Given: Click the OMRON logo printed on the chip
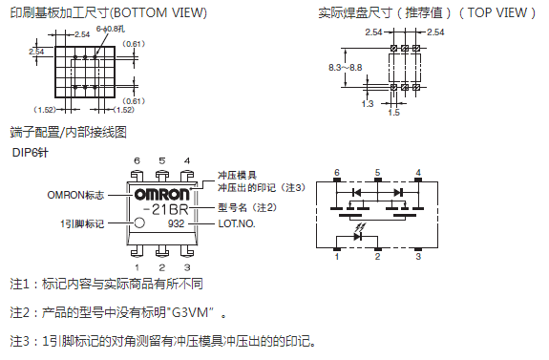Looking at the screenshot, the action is click(161, 195).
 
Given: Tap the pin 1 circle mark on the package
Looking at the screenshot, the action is click(139, 222).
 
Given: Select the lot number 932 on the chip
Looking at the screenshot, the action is click(176, 223).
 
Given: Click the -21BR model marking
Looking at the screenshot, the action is click(165, 209).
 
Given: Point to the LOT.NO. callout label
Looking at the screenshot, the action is click(237, 223).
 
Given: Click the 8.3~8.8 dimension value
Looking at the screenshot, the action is click(345, 67).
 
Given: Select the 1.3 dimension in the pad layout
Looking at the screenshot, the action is click(368, 104).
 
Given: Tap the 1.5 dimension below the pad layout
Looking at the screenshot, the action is click(394, 112).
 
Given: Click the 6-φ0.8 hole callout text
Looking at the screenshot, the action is click(111, 29).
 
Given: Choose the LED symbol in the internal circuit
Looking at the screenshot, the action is click(357, 237).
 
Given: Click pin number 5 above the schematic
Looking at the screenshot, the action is click(377, 172).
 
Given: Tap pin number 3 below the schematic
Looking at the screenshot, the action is click(418, 256).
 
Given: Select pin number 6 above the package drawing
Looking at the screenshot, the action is click(137, 160).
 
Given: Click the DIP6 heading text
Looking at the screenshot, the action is click(31, 153).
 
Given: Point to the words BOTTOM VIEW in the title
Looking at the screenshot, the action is click(158, 13).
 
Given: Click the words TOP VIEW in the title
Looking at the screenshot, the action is click(497, 13).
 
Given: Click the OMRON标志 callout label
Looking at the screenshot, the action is click(75, 195).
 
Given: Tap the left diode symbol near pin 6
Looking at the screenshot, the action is click(356, 192).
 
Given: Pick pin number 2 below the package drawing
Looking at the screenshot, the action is click(161, 267).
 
